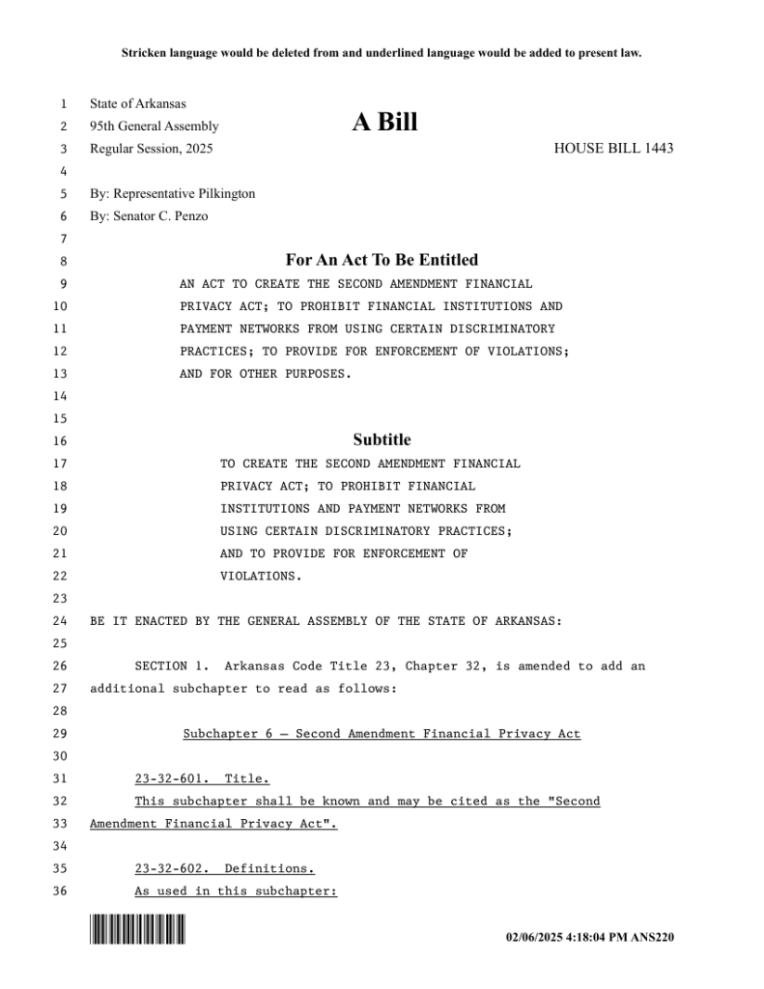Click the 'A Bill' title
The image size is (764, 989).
coord(384,123)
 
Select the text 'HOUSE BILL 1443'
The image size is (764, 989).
coord(613,149)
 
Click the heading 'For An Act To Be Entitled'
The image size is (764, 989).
coord(382,260)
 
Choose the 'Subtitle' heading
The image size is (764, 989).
coord(382,439)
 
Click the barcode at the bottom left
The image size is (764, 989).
coord(137,930)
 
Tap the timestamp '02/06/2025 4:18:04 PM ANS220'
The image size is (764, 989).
coord(590,937)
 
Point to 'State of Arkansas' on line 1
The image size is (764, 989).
coord(138,104)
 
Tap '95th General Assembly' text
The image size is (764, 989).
coord(155,127)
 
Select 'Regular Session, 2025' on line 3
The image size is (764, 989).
coord(152,149)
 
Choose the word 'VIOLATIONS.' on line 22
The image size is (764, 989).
coord(261,577)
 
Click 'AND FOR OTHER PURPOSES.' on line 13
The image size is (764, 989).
coord(266,374)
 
